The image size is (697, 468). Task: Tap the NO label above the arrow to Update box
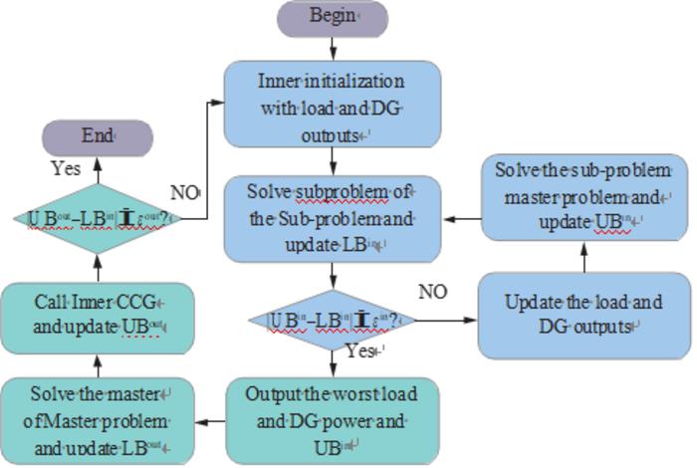pos(432,292)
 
